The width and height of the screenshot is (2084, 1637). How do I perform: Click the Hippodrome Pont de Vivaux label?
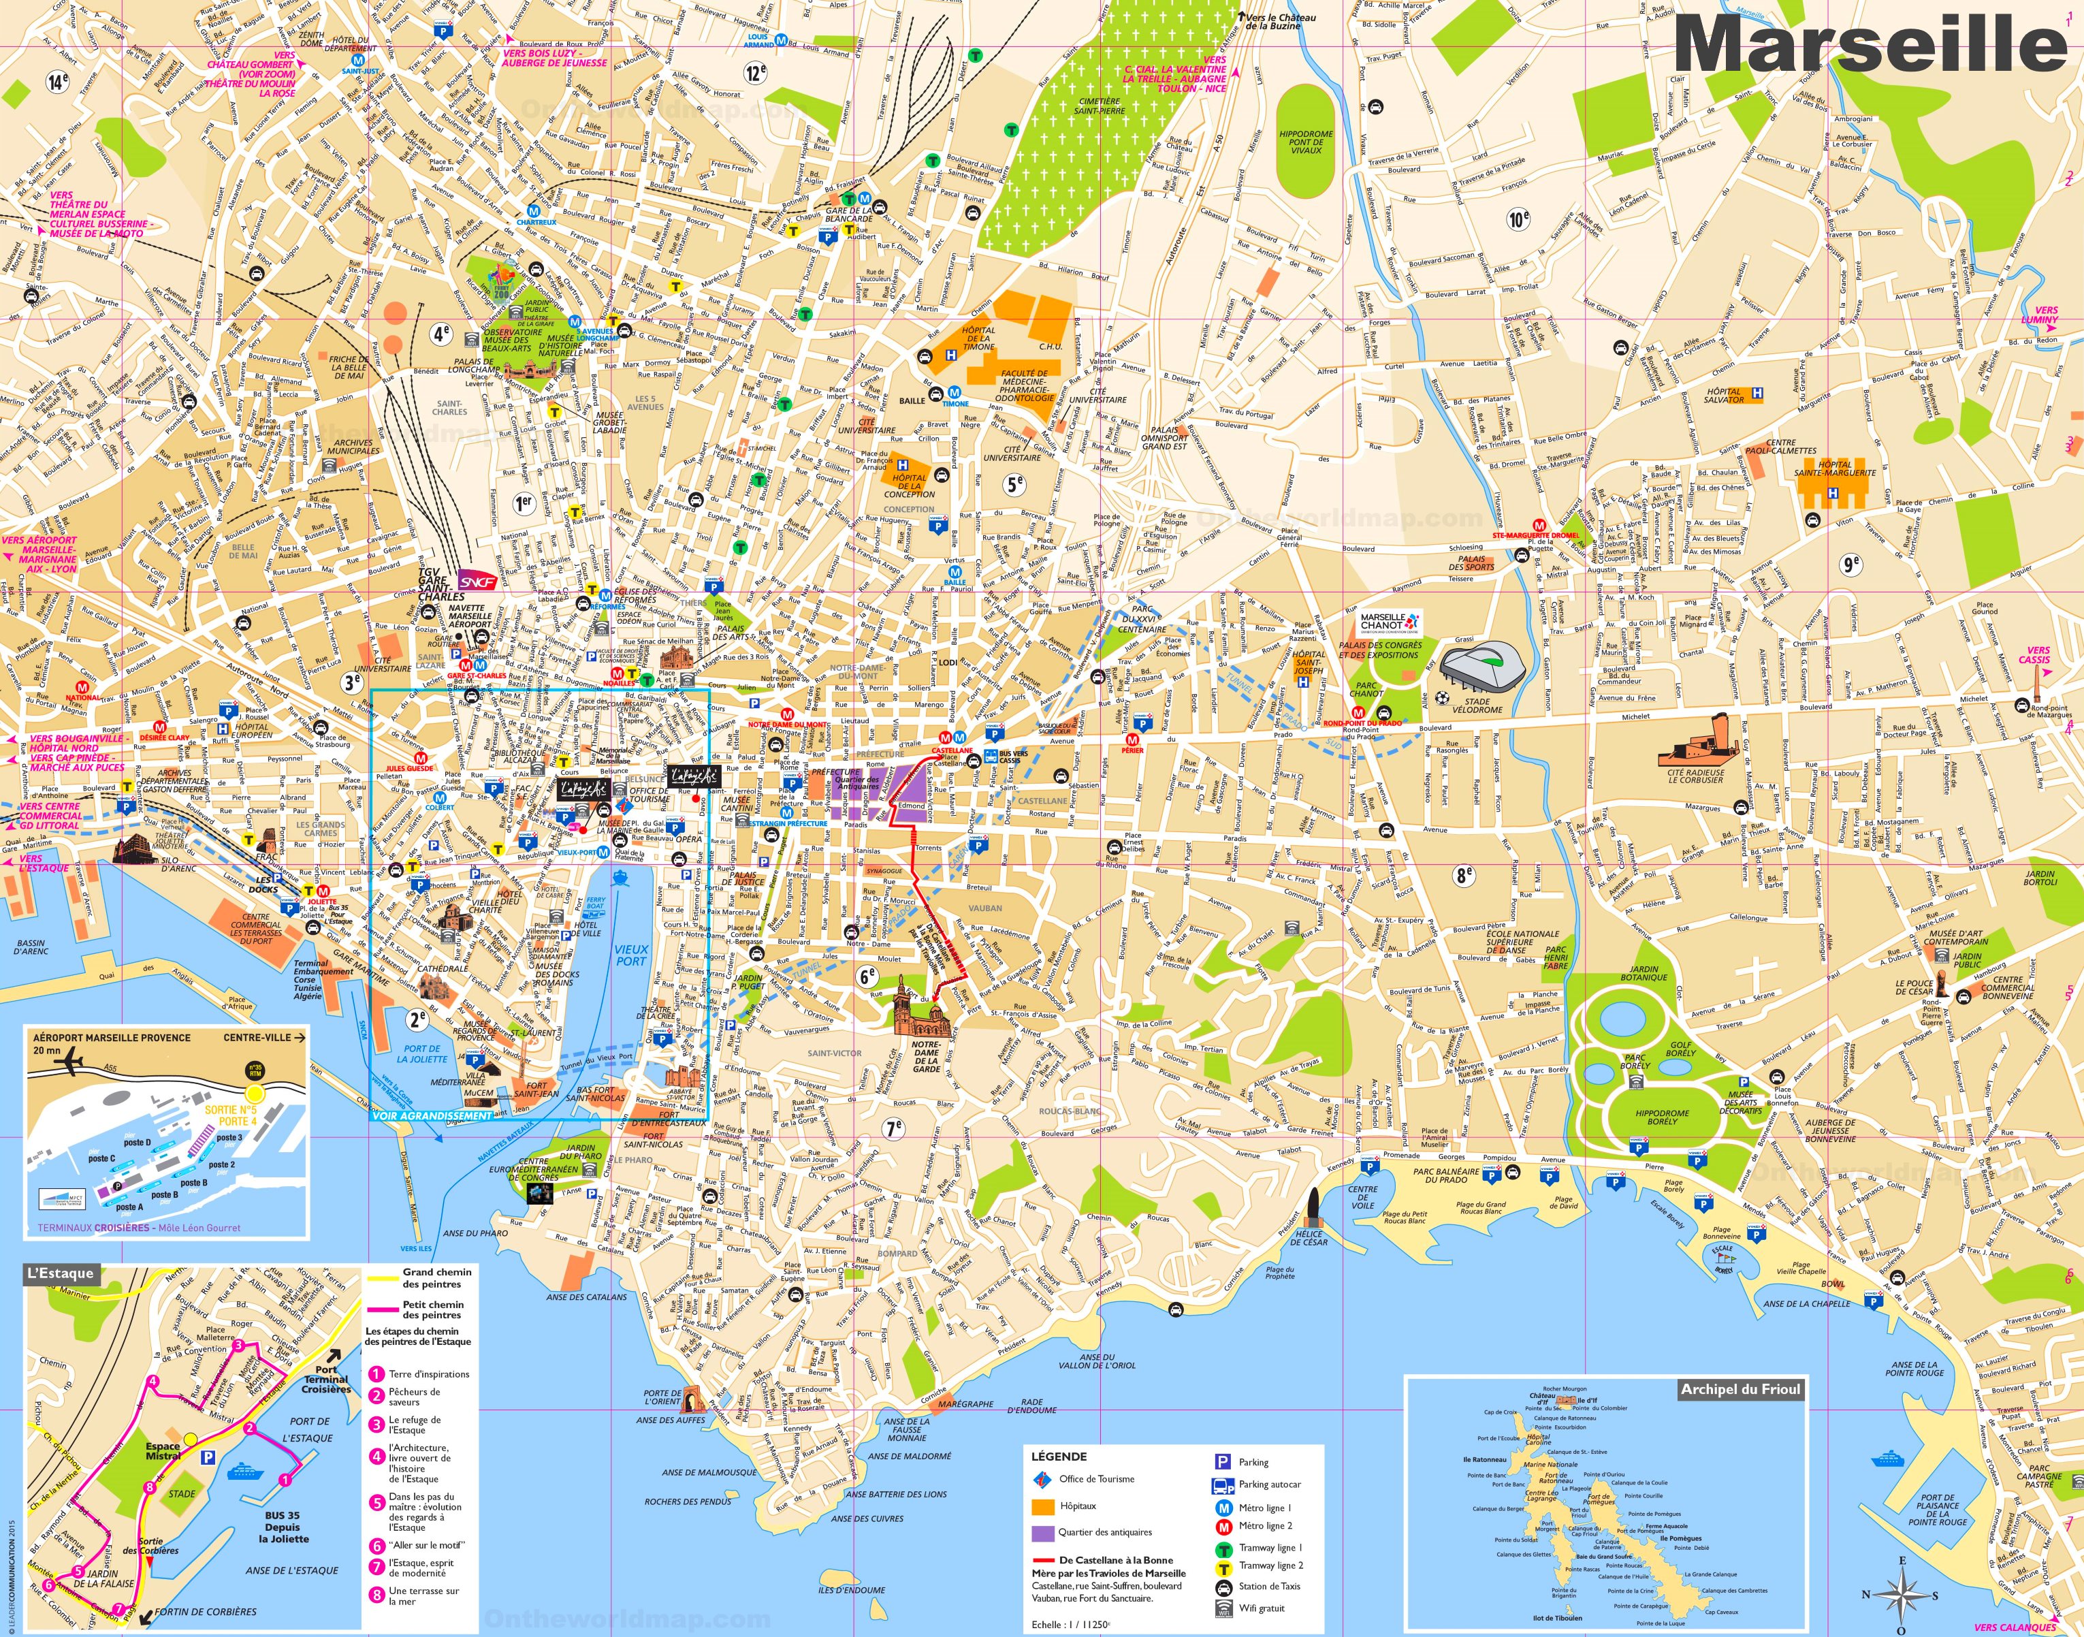tap(1305, 142)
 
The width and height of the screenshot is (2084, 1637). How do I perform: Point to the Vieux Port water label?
tap(631, 955)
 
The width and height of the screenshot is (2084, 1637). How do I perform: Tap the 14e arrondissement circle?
tap(59, 82)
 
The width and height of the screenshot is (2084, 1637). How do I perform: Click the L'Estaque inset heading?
tap(61, 1273)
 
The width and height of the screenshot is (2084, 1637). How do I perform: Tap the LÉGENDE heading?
tap(1059, 1456)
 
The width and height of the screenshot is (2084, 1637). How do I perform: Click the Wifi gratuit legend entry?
tap(1261, 1608)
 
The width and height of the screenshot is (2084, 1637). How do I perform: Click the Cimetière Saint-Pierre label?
tap(1099, 106)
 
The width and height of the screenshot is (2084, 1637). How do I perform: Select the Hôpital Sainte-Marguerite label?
tap(1834, 468)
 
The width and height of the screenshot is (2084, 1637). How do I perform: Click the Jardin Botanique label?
tap(1644, 974)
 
